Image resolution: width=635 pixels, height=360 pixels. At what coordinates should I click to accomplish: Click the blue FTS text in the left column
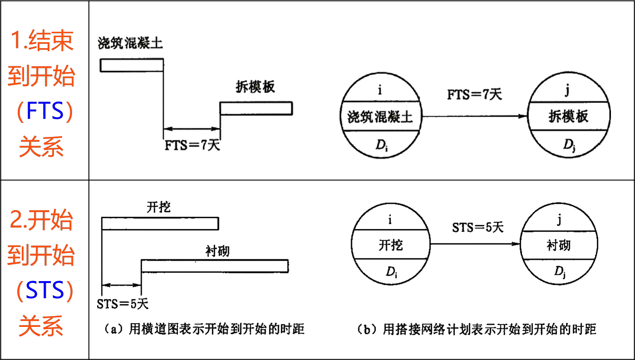[x=45, y=111]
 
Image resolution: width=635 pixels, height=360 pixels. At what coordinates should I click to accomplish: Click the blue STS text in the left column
[x=45, y=290]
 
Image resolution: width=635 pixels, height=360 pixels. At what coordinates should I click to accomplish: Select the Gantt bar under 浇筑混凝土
[x=132, y=65]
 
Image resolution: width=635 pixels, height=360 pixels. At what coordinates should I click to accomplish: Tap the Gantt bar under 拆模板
[x=256, y=108]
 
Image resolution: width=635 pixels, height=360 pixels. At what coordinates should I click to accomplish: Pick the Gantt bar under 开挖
[x=160, y=224]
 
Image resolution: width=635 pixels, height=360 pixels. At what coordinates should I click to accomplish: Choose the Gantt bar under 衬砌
[x=215, y=266]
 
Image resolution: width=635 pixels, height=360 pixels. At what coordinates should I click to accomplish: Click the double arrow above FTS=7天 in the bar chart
[x=192, y=129]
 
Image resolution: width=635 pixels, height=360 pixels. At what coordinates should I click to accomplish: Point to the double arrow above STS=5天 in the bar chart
[x=122, y=285]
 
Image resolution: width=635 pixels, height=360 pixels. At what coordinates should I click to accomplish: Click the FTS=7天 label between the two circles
[x=474, y=94]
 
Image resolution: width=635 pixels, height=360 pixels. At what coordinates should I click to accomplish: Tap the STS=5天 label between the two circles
[x=478, y=227]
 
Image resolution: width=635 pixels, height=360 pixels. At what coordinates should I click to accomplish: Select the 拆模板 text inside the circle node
[x=568, y=116]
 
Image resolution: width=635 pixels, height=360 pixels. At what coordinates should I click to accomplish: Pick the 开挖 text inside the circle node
[x=391, y=245]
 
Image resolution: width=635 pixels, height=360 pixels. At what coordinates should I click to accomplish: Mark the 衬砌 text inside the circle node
[x=558, y=245]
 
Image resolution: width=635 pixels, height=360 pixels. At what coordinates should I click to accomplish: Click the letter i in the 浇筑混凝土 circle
[x=380, y=90]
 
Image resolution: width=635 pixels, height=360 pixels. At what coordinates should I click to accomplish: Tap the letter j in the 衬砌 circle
[x=559, y=220]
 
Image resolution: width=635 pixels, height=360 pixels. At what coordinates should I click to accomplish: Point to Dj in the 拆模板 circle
[x=569, y=145]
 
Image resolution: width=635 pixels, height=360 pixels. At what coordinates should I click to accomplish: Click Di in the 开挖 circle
[x=391, y=272]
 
